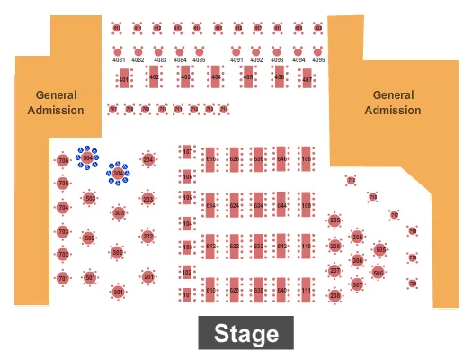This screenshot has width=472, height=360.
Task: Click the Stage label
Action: (x=245, y=335)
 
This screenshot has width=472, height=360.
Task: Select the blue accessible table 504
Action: (x=88, y=157)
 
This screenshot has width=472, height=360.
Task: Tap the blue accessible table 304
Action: (x=119, y=173)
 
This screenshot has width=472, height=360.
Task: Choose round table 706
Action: (x=63, y=161)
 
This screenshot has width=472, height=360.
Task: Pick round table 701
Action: (x=63, y=279)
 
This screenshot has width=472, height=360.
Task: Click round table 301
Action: (x=118, y=291)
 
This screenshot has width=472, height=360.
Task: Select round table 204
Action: (x=148, y=161)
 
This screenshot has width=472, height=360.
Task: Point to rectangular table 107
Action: (x=187, y=152)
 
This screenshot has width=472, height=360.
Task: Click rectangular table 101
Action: (x=187, y=294)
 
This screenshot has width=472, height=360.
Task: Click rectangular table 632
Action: (x=258, y=246)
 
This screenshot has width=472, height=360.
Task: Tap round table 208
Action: (x=334, y=295)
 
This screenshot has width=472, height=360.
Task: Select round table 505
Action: (x=379, y=249)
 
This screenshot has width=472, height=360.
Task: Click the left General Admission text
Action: (x=56, y=103)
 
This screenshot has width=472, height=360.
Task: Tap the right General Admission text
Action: (x=394, y=103)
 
